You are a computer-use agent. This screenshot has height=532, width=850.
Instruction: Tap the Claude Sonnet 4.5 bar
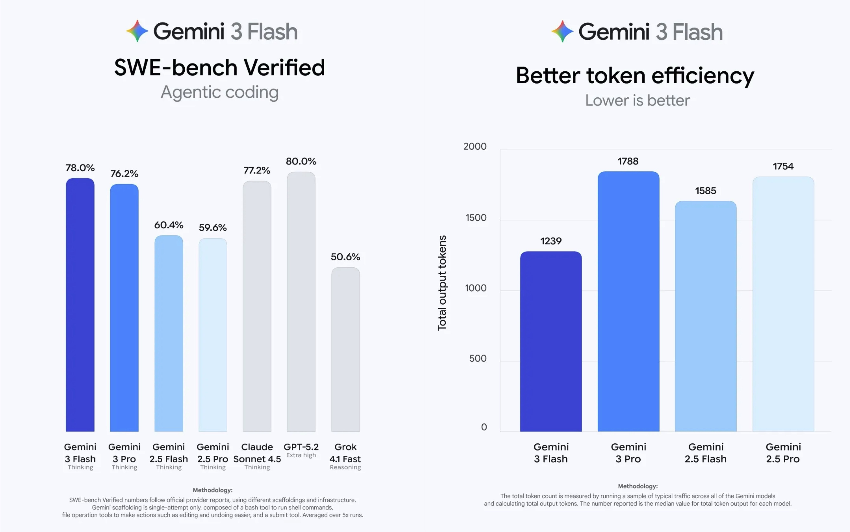(x=257, y=306)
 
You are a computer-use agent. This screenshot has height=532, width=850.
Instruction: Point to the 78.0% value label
(x=80, y=168)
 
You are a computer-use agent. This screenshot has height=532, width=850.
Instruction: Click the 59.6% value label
(x=213, y=228)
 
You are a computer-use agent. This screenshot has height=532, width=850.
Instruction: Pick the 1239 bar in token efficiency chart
(x=551, y=341)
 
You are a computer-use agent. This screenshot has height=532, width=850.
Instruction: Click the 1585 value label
(x=705, y=191)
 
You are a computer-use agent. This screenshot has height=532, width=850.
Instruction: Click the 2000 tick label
(x=475, y=146)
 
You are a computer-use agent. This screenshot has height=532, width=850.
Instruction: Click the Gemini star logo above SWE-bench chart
(x=137, y=31)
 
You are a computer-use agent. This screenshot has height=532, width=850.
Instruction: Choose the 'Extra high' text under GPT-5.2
(x=301, y=455)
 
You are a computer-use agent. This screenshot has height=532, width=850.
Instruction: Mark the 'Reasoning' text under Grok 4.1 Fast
(x=345, y=467)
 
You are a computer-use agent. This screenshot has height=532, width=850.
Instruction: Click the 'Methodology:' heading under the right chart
(x=637, y=486)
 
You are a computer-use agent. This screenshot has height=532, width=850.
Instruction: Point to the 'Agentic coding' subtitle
(x=220, y=92)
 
